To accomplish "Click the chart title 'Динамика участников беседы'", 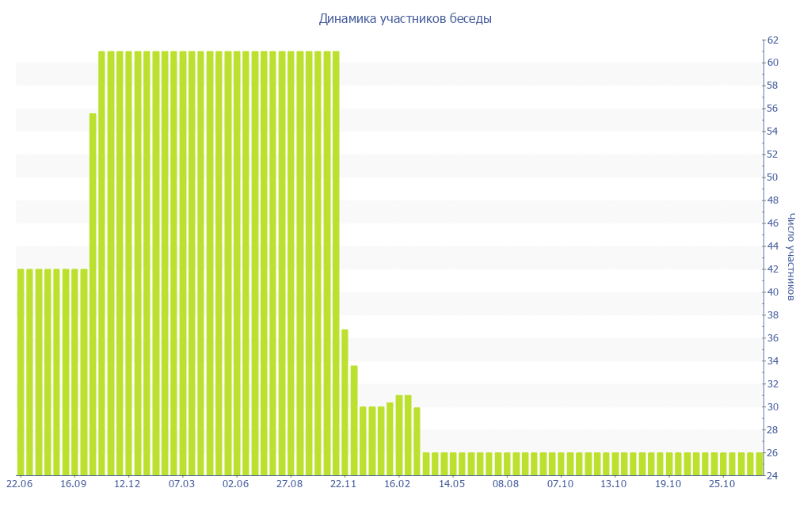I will coord(405,19).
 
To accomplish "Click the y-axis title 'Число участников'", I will coord(791,257).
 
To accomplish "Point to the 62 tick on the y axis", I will coord(772,40).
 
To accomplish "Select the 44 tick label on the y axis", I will coord(772,246).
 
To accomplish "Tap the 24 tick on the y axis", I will coord(772,475).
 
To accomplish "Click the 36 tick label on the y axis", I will coord(772,338).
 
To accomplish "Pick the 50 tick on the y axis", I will coord(772,177).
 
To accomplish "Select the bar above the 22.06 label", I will coord(21,372).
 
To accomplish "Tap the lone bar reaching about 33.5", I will coord(354,420).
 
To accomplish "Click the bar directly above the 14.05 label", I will coord(453,464).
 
